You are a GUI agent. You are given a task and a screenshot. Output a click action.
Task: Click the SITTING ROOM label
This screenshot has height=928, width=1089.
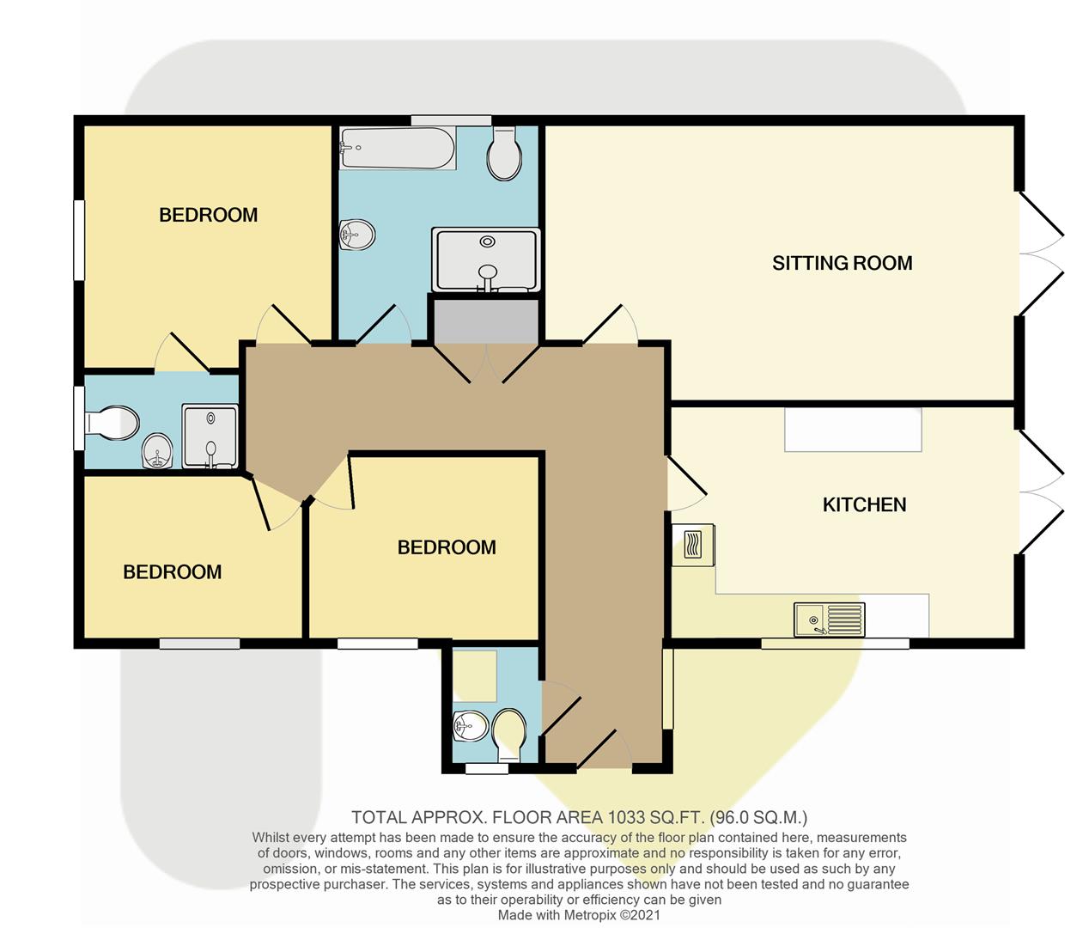[x=842, y=263]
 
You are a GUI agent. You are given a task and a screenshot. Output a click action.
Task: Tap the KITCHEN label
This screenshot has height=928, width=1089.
[x=864, y=504]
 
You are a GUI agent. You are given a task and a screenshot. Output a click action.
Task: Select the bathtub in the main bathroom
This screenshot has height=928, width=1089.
[x=397, y=148]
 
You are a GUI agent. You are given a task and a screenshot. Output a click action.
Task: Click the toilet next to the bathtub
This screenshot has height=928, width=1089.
[x=504, y=155]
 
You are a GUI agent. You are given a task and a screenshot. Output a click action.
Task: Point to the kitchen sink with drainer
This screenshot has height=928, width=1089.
[x=830, y=619]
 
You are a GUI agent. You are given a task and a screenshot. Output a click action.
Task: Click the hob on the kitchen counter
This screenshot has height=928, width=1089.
[x=693, y=545]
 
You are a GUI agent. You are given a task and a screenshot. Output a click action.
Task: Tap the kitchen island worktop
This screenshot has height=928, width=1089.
[x=853, y=429]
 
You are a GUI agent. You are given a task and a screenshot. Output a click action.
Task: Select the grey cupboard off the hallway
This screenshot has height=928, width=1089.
[x=485, y=321]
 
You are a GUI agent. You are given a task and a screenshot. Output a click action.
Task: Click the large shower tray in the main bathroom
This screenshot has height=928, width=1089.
[x=486, y=259]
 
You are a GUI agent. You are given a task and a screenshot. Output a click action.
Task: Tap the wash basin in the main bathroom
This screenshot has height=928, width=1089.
[x=356, y=234]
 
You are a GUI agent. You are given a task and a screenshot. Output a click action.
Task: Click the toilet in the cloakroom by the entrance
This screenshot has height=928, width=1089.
[x=509, y=729]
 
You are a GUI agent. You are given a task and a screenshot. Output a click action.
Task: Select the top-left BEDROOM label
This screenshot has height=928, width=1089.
[x=208, y=215]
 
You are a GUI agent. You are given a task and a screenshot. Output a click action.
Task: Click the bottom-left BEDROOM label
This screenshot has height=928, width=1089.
[x=172, y=572]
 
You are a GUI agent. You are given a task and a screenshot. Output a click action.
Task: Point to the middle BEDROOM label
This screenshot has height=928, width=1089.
[x=447, y=547]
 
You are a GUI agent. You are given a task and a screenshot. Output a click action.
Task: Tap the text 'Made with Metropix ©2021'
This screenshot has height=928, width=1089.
[x=579, y=915]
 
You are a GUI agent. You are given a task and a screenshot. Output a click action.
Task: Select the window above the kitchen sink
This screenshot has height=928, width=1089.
[x=835, y=643]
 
